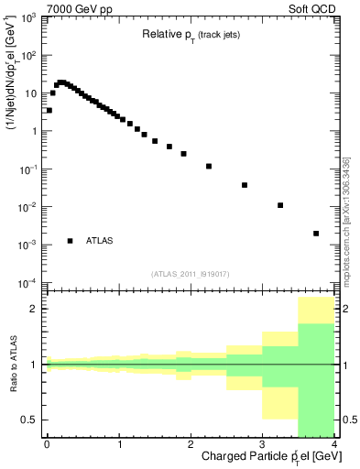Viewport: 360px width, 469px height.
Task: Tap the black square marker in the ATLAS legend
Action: click(x=70, y=241)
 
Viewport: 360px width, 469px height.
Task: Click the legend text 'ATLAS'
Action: click(x=100, y=241)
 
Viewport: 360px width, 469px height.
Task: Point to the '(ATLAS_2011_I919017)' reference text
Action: click(x=190, y=273)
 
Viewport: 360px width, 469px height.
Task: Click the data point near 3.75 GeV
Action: click(x=316, y=234)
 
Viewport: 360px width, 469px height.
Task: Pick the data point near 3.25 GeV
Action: click(x=280, y=205)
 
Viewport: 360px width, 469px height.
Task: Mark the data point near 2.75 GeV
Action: click(x=245, y=185)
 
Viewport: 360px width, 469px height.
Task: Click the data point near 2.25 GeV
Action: click(x=209, y=167)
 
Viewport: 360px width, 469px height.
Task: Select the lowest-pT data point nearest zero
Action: click(x=49, y=110)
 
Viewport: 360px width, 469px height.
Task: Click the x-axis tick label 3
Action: click(x=262, y=444)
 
